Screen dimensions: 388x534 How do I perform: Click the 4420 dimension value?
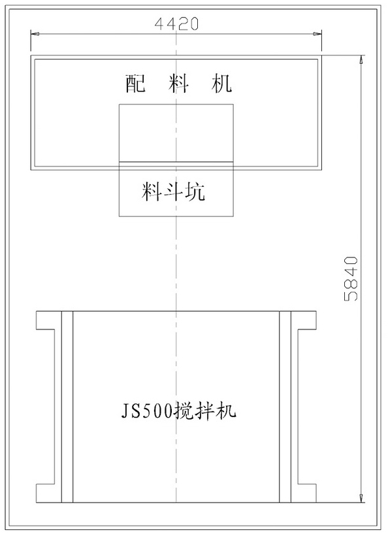coord(176,24)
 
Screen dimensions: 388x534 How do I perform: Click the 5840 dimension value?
coord(351,278)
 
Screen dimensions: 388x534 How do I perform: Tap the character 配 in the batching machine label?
coord(135,84)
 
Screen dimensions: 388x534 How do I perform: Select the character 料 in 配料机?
coord(178,84)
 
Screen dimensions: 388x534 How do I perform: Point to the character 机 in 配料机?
coord(221,84)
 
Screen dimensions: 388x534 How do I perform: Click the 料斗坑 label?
coord(174,191)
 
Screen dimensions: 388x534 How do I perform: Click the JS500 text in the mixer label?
coord(147,411)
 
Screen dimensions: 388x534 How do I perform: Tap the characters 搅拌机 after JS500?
coord(204,410)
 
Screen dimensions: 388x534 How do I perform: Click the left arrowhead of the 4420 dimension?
coord(35,34)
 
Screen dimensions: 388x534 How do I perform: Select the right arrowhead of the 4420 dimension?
coord(317,34)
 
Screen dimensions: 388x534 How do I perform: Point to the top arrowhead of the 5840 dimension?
coord(361,60)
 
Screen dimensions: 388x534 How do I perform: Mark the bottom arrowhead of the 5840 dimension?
coord(361,497)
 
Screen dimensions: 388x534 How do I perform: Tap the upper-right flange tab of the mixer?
coord(304,320)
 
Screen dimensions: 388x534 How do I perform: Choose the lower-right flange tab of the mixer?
coord(304,493)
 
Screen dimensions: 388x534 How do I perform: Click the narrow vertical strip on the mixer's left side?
coord(67,407)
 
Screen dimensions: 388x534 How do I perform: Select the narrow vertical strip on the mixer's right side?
coord(285,407)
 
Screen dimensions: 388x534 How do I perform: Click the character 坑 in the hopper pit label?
coord(195,191)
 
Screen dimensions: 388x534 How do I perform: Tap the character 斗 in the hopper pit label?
coord(174,191)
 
